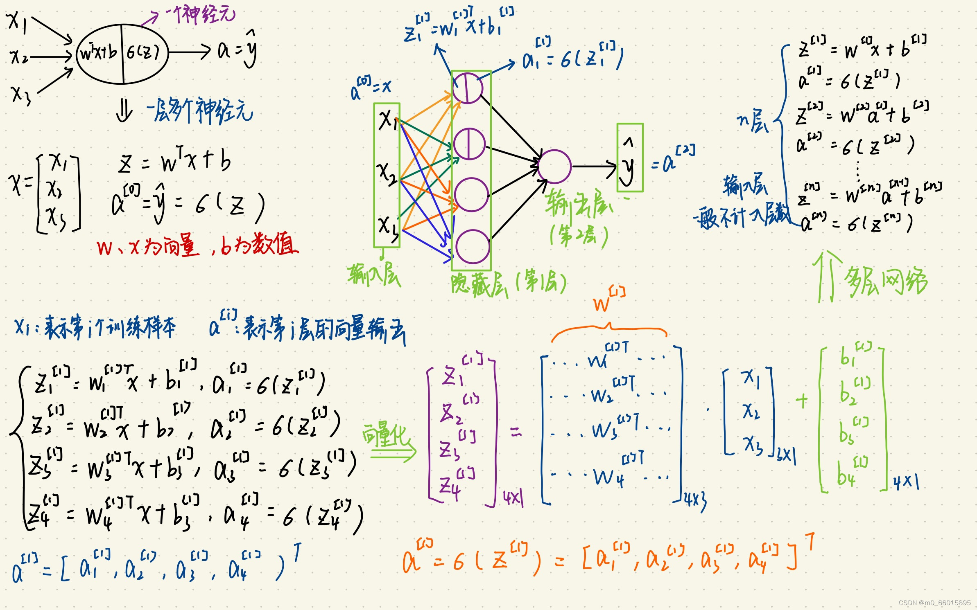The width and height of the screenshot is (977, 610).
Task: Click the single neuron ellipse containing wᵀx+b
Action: pyautogui.click(x=122, y=54)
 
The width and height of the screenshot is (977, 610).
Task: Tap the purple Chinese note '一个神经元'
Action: pyautogui.click(x=201, y=15)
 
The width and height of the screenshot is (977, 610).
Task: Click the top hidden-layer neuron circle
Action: pyautogui.click(x=468, y=88)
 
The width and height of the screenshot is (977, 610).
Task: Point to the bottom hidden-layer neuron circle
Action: pyautogui.click(x=473, y=246)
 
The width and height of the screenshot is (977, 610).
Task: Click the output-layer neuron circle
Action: pyautogui.click(x=554, y=166)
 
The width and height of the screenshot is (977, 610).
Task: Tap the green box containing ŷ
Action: pyautogui.click(x=630, y=158)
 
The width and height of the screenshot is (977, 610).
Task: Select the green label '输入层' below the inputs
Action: pyautogui.click(x=374, y=275)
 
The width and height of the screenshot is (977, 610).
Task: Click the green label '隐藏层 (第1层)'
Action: pyautogui.click(x=508, y=283)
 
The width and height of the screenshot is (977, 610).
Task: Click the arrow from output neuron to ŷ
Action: pyautogui.click(x=594, y=166)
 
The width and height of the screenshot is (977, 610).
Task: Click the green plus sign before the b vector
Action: pyautogui.click(x=802, y=401)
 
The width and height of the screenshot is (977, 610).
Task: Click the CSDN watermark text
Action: pyautogui.click(x=934, y=603)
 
